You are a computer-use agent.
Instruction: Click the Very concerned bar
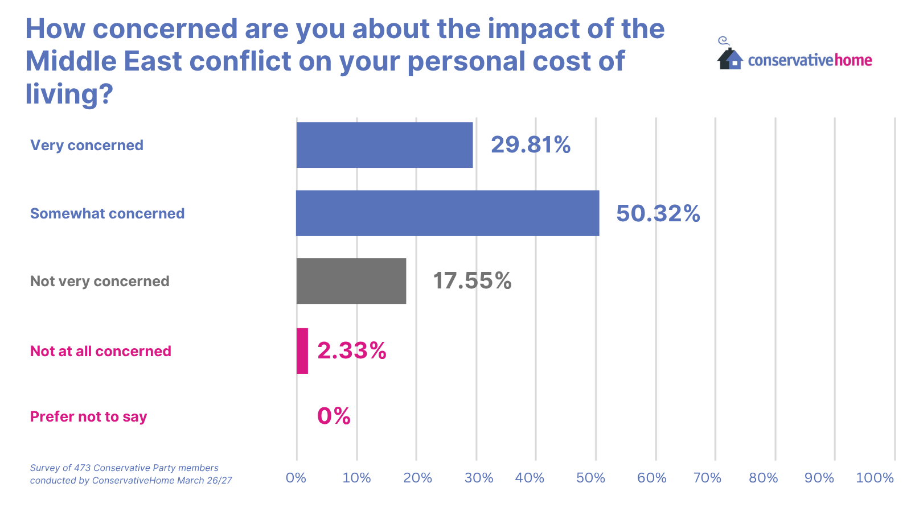(384, 145)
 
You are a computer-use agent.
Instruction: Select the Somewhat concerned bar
(448, 213)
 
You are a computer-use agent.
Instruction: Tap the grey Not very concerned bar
(351, 281)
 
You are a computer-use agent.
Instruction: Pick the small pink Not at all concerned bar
(302, 351)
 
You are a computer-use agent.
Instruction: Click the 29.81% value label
(531, 145)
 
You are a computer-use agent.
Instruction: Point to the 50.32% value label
(658, 213)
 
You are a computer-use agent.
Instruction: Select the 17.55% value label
(472, 281)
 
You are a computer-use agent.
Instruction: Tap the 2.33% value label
(352, 351)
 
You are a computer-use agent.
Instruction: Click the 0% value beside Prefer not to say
(334, 416)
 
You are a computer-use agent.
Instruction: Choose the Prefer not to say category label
(89, 417)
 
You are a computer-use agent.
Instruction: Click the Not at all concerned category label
(101, 351)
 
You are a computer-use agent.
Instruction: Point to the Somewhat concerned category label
(108, 214)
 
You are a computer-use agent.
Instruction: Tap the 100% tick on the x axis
(875, 478)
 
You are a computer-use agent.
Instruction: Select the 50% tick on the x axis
(590, 478)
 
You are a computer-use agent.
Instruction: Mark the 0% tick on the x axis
(296, 478)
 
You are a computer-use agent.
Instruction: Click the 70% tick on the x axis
(707, 478)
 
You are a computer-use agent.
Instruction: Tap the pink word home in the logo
(853, 60)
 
